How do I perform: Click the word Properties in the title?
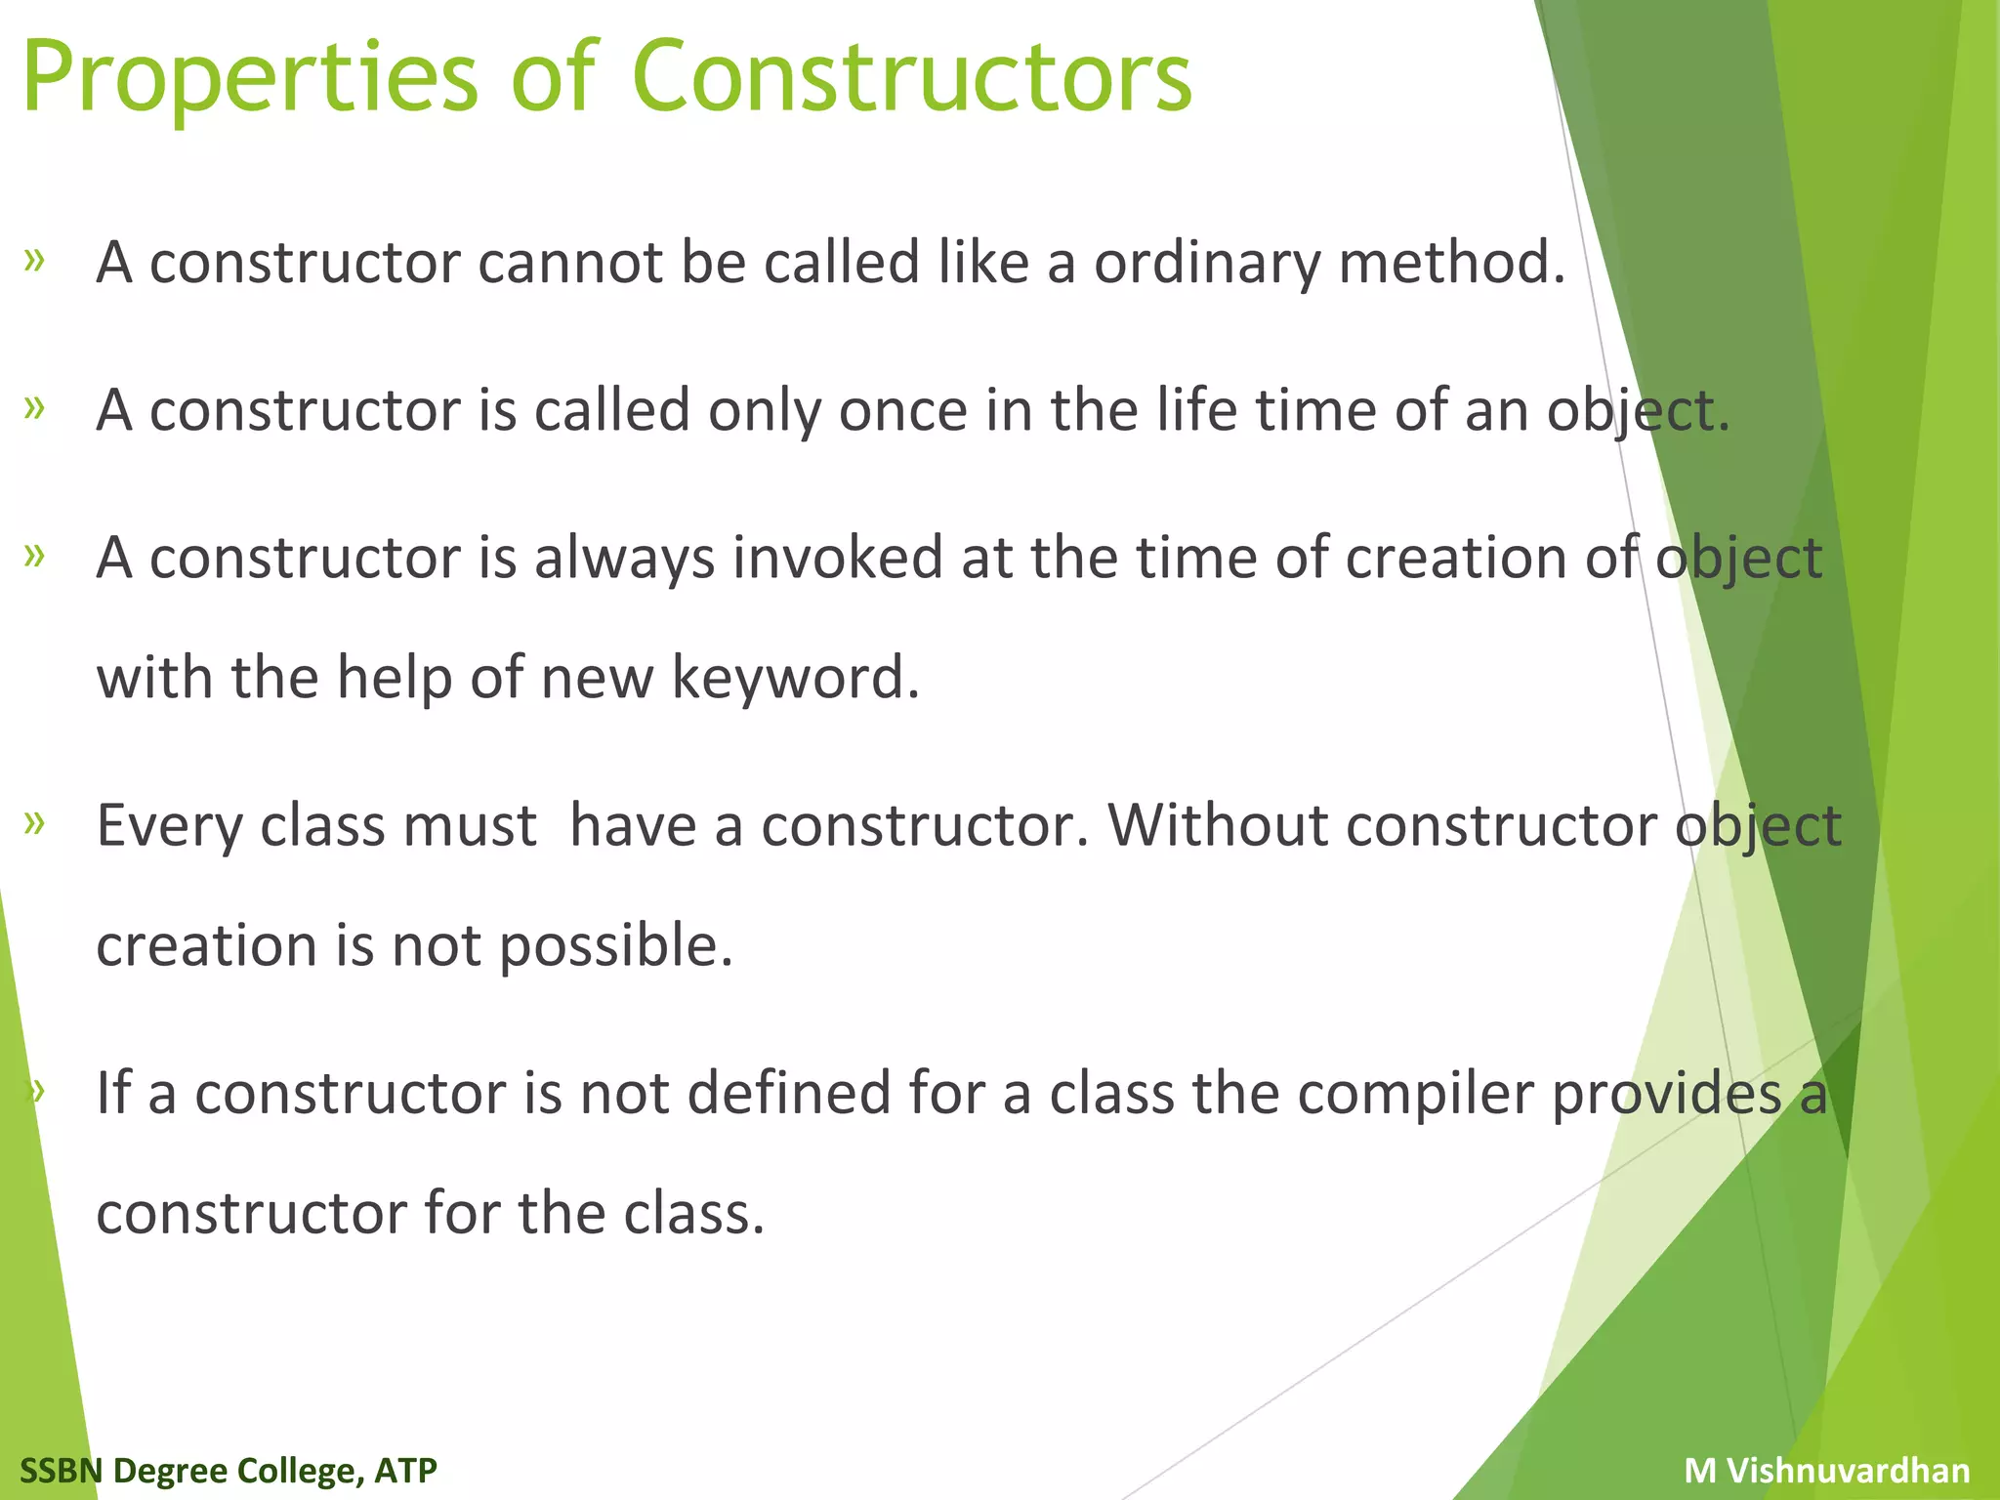[x=250, y=78]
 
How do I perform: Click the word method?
[x=1451, y=263]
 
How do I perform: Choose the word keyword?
[x=796, y=678]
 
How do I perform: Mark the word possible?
[x=615, y=947]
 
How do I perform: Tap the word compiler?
[x=1415, y=1094]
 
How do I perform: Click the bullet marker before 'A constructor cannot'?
[x=35, y=261]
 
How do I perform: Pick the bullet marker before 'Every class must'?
[x=35, y=822]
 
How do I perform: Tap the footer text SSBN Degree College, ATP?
[x=229, y=1471]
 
